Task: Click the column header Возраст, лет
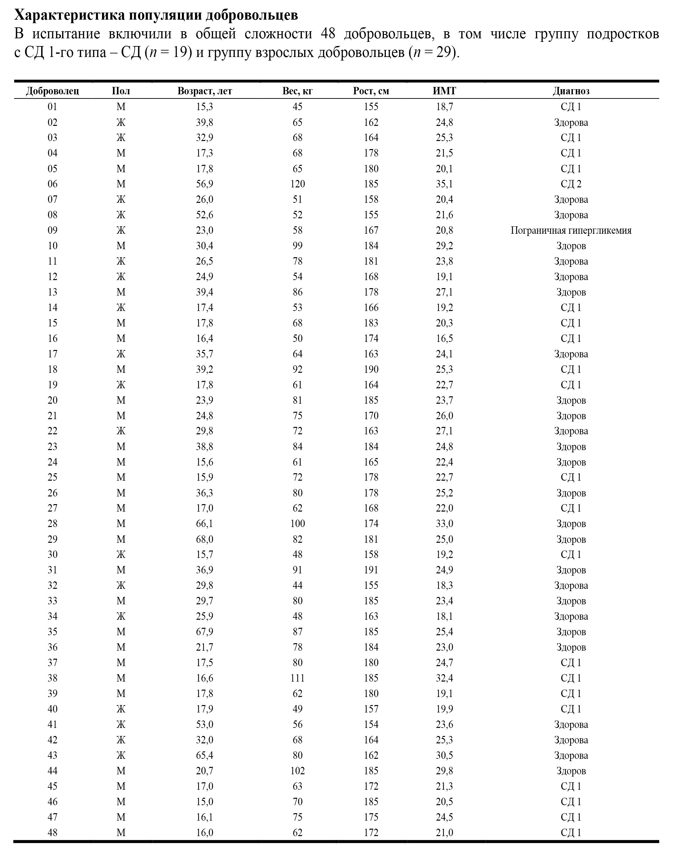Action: pos(204,91)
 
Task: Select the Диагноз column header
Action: pos(571,91)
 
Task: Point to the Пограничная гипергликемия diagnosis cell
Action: pos(571,231)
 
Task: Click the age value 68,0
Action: pos(204,539)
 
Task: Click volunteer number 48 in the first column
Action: pos(52,832)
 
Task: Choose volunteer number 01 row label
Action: pos(52,107)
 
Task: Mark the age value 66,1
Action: pos(204,524)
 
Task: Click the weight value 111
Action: pos(297,678)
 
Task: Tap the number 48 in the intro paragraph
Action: pos(328,34)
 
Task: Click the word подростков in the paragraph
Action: pos(622,34)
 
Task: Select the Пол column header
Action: pos(121,91)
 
